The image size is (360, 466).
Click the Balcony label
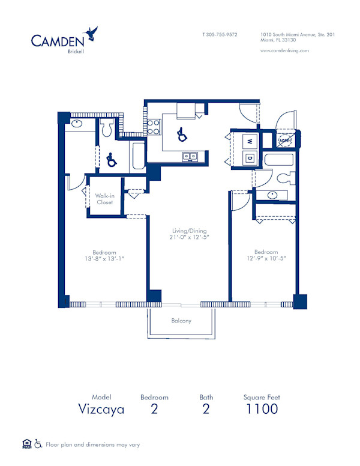(181, 321)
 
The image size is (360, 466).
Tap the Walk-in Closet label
(105, 199)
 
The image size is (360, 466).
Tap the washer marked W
(249, 142)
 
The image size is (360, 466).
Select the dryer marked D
(249, 158)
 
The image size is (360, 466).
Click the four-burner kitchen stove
(153, 126)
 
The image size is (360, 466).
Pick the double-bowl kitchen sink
(190, 156)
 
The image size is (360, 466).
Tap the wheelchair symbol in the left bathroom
(110, 160)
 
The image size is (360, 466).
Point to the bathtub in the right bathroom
(278, 160)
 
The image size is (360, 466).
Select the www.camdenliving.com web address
(285, 51)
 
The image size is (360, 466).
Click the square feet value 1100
(261, 409)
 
